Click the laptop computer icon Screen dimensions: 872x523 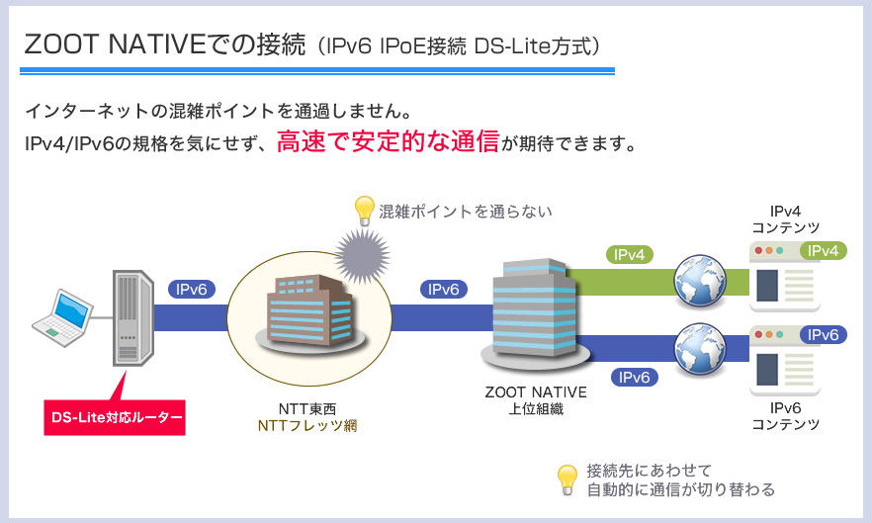62,318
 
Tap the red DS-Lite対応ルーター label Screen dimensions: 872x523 115,417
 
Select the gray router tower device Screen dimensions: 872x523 132,318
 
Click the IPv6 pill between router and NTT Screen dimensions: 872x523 192,290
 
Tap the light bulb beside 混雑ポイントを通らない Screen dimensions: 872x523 364,211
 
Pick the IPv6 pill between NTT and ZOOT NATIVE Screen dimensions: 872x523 443,290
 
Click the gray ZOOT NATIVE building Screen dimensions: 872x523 535,314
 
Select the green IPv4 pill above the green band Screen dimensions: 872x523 629,255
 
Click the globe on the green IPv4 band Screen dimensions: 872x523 700,282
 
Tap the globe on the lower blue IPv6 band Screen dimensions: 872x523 700,349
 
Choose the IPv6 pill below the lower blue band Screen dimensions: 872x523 634,378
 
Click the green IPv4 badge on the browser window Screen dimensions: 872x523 823,251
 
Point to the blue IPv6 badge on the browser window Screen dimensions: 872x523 823,335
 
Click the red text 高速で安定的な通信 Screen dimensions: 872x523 389,141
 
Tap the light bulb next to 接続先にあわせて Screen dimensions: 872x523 567,480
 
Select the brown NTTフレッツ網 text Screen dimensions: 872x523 307,426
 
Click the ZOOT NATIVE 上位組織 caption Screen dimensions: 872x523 536,400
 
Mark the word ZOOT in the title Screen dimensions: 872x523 61,44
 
